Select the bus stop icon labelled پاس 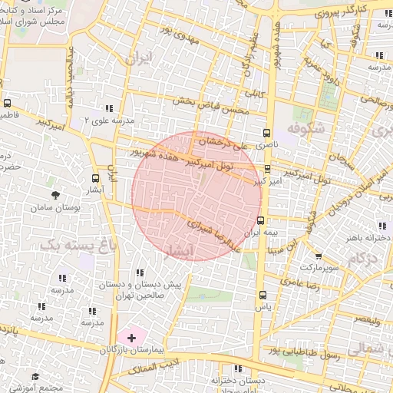click(263, 294)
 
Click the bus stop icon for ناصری click(267, 131)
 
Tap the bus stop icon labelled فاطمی click(8, 102)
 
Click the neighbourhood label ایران click(140, 58)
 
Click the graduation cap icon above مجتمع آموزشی click(35, 376)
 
